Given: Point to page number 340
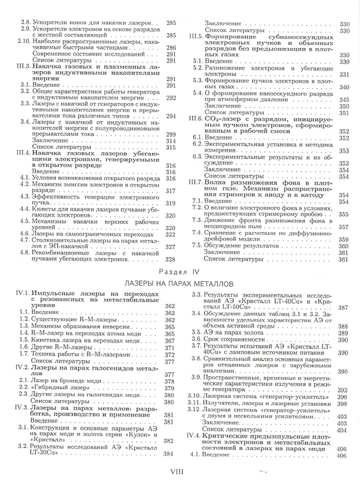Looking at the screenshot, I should click(344, 87).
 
